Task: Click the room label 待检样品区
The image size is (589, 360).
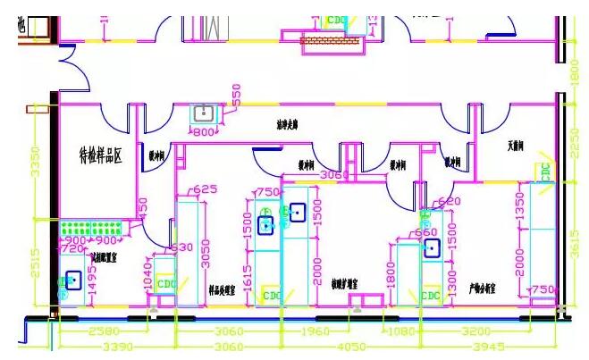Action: click(x=99, y=156)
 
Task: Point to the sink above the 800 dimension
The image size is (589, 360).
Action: click(x=205, y=113)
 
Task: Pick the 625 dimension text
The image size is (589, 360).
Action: click(x=206, y=189)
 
